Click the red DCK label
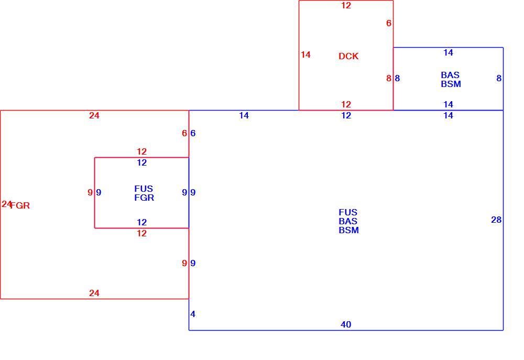click(x=348, y=56)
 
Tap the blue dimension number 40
click(x=346, y=324)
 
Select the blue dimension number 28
click(x=496, y=220)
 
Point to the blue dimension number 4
click(x=193, y=314)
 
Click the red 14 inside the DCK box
click(x=305, y=54)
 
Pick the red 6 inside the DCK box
click(x=389, y=23)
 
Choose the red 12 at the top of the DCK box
click(x=346, y=5)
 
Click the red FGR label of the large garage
click(x=20, y=205)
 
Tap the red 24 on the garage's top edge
click(x=94, y=115)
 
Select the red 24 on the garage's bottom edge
click(x=94, y=293)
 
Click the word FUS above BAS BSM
click(x=348, y=212)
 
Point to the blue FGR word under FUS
click(x=144, y=198)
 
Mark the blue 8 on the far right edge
click(x=499, y=78)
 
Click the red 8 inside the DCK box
click(x=389, y=78)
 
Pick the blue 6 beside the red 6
click(x=193, y=133)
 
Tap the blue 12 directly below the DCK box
click(x=346, y=115)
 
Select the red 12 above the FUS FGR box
click(x=141, y=151)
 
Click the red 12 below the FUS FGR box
click(x=141, y=233)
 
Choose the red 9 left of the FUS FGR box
click(x=90, y=192)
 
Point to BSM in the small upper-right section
click(x=451, y=84)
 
